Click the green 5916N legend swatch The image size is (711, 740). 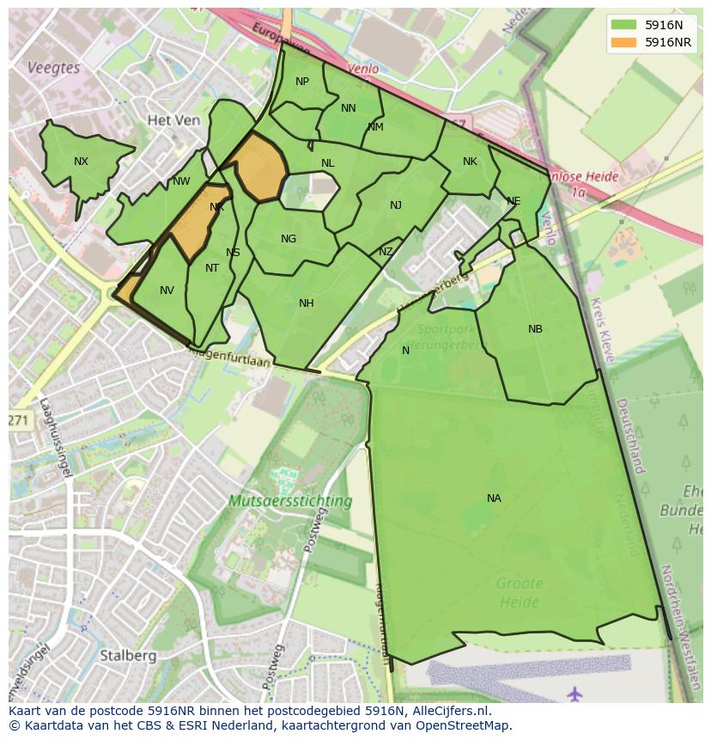(623, 25)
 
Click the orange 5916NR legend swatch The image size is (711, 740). (623, 42)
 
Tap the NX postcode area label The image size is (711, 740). (81, 162)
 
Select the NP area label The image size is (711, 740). (302, 83)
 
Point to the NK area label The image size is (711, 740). (470, 162)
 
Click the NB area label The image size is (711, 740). (535, 329)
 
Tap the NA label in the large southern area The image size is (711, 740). (494, 498)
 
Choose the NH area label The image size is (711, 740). (307, 303)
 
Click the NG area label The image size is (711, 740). (289, 239)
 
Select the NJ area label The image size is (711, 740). (396, 205)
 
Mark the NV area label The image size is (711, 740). (167, 290)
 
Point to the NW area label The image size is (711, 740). (181, 181)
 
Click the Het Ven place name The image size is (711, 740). (173, 120)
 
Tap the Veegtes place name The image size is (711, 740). (53, 67)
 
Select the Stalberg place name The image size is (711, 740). (128, 655)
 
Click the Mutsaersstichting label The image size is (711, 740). (290, 500)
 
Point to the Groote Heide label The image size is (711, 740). (519, 593)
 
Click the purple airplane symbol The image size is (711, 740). (574, 692)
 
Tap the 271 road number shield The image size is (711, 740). (18, 420)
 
